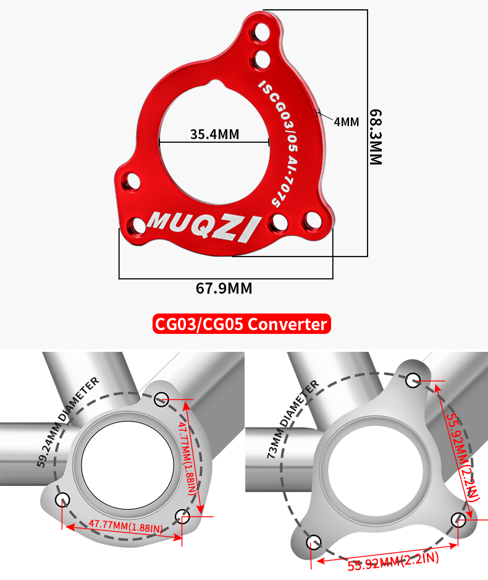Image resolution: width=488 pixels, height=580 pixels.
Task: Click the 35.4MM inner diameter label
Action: click(x=214, y=134)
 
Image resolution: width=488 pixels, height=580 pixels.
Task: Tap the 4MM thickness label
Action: click(x=346, y=122)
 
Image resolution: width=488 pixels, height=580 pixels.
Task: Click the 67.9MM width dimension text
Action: click(x=224, y=288)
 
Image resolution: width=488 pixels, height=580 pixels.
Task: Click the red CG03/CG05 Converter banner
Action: click(x=241, y=323)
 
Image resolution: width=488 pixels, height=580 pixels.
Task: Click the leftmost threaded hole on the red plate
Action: click(x=131, y=181)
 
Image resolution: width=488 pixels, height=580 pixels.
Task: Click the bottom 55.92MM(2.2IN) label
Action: click(x=392, y=561)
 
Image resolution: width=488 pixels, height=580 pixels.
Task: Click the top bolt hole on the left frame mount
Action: click(x=162, y=398)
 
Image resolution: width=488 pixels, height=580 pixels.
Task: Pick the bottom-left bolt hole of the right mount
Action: click(x=313, y=542)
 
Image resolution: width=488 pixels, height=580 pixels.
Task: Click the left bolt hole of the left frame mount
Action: click(x=62, y=499)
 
